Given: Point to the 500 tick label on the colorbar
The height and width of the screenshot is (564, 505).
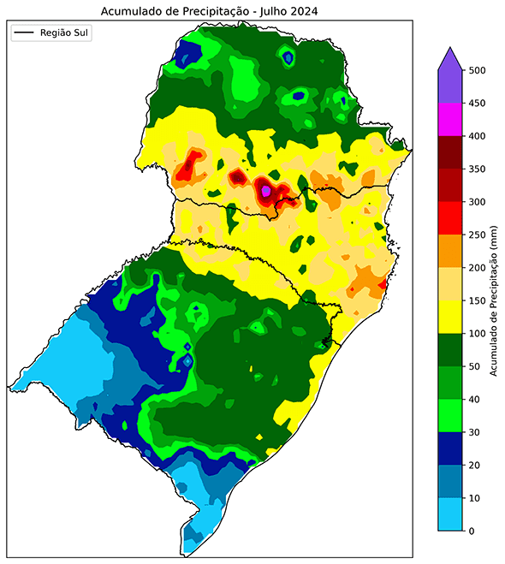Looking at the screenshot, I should [480, 71].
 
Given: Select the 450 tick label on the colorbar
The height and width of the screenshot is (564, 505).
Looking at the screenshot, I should [480, 104].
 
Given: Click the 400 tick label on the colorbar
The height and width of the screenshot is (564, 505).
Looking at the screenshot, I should [480, 136].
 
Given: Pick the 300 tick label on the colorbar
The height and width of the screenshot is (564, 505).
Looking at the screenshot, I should [480, 202].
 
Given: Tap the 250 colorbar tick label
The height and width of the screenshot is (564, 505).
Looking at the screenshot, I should [480, 235].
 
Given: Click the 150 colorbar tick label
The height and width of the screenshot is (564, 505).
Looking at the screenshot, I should [480, 300].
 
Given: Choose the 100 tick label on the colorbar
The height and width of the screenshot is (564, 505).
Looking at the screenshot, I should [480, 333].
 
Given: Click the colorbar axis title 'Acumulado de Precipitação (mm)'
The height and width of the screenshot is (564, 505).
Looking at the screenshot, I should [496, 301].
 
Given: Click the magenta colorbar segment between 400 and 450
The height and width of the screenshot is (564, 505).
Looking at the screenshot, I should [450, 120].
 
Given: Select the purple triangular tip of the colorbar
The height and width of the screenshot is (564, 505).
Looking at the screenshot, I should [450, 60].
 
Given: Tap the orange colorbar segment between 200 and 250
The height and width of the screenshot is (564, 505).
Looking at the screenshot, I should [450, 251].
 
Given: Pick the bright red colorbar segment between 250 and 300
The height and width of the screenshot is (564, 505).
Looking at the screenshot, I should [450, 218].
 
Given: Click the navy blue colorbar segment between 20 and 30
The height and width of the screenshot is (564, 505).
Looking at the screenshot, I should [450, 448].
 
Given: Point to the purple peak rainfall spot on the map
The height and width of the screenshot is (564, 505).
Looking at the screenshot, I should [266, 191].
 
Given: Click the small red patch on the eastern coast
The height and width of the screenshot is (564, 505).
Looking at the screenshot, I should [383, 284].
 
